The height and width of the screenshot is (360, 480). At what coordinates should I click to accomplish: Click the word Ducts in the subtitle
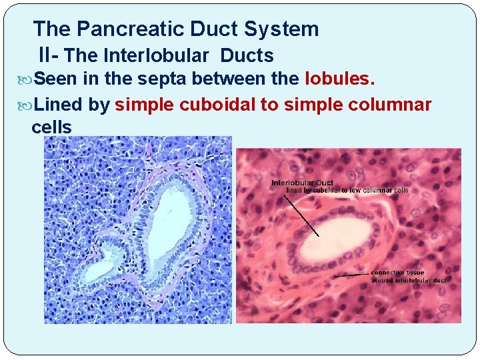click(247, 55)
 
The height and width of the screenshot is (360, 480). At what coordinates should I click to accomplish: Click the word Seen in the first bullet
click(57, 79)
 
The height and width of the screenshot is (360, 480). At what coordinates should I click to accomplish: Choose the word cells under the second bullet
click(51, 127)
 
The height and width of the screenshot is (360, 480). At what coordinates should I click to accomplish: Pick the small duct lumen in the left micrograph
click(99, 269)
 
